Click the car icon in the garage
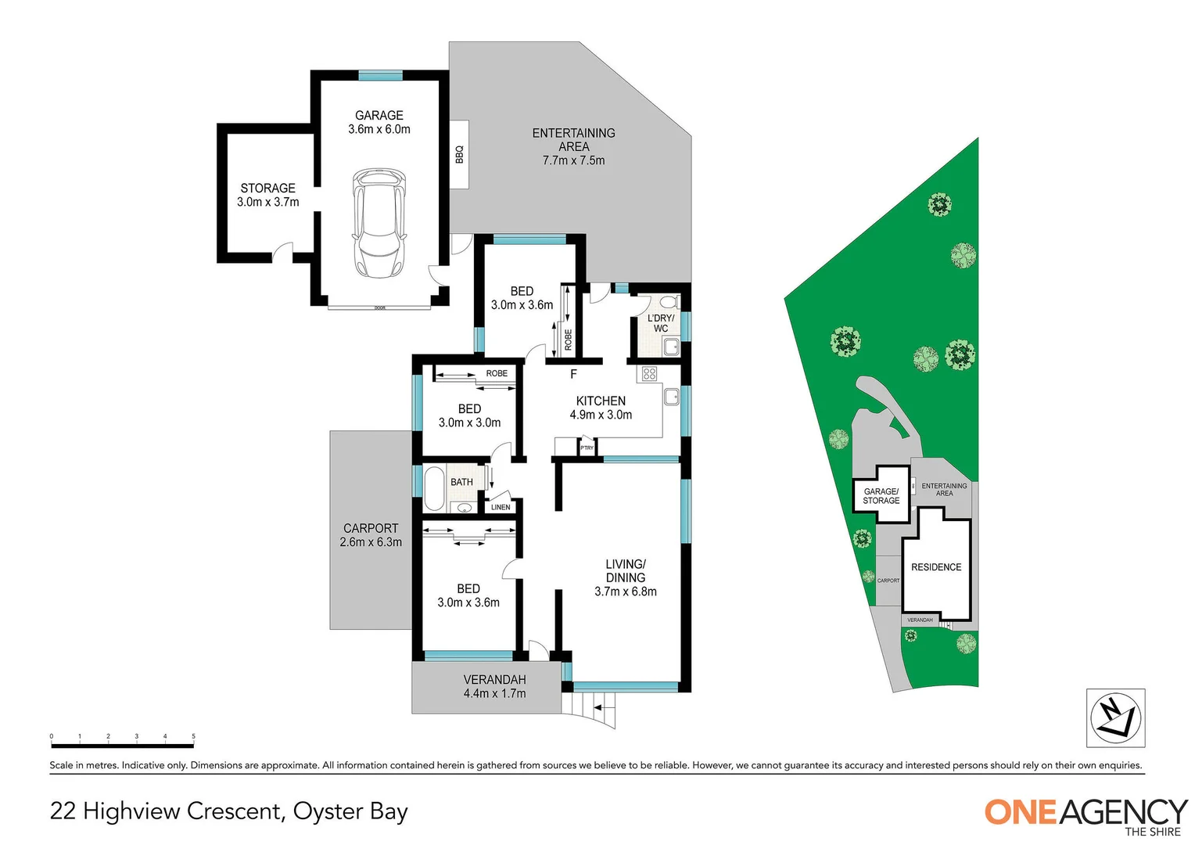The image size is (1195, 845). [x=379, y=223]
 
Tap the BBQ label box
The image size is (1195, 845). [x=460, y=154]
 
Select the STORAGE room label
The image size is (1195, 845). [x=267, y=189]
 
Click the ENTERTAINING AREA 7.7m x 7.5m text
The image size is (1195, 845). [x=573, y=146]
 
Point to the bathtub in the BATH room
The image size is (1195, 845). [x=434, y=488]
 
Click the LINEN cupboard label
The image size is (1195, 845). [x=501, y=507]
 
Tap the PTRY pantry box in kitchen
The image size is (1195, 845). [x=587, y=448]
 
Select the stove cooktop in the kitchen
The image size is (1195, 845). [x=649, y=374]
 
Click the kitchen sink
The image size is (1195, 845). [x=672, y=397]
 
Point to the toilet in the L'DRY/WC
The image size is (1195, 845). [x=667, y=302]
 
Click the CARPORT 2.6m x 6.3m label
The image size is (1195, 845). [x=371, y=535]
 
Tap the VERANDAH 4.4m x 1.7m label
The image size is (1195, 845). [x=494, y=686]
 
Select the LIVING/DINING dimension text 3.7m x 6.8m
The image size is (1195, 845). [x=625, y=591]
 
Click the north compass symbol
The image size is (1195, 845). [x=1115, y=717]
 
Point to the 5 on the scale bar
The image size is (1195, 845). [x=193, y=736]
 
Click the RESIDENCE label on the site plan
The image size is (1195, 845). [x=936, y=567]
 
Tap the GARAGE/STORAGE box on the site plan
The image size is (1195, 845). [x=881, y=496]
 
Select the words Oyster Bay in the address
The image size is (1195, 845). [x=350, y=811]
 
